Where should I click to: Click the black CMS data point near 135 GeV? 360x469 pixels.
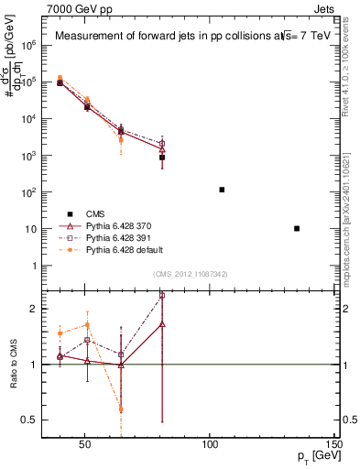point(297,228)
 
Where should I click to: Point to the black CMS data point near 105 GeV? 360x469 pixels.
point(222,190)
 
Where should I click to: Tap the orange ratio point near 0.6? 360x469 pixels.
point(121,409)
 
